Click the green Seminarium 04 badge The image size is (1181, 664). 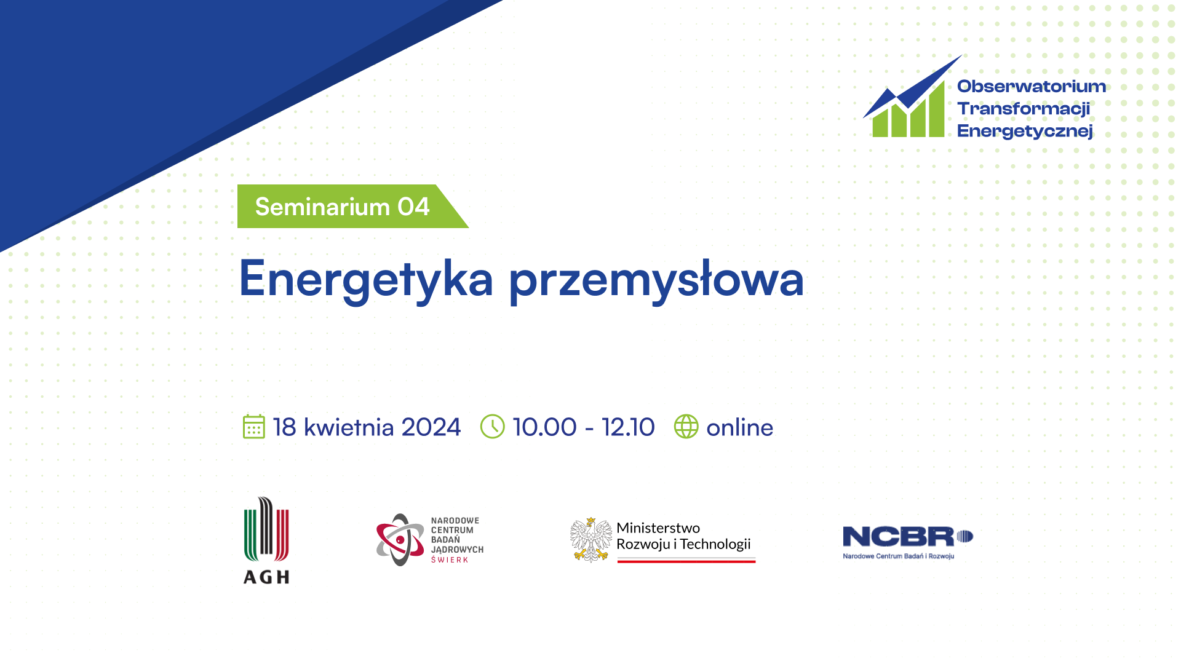[x=352, y=207]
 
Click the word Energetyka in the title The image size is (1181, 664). [x=366, y=280]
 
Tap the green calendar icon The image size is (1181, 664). [x=253, y=427]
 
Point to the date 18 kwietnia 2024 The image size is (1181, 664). [x=367, y=427]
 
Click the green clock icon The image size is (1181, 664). [x=492, y=427]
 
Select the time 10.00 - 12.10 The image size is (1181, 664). [x=584, y=427]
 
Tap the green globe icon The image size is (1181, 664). [x=686, y=427]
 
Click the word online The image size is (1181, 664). [x=739, y=427]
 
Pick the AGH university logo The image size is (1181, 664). [x=266, y=540]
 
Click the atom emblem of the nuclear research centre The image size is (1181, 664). [x=400, y=540]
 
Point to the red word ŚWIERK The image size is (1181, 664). [x=450, y=559]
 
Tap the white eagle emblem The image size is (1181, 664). [x=590, y=540]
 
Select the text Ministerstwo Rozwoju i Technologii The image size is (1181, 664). [x=683, y=536]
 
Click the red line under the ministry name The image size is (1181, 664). [x=686, y=561]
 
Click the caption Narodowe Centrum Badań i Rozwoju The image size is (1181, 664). [x=898, y=556]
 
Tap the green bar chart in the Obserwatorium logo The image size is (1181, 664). [x=909, y=112]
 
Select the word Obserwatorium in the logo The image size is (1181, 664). [x=1032, y=86]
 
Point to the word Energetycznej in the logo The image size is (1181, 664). [x=1025, y=131]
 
